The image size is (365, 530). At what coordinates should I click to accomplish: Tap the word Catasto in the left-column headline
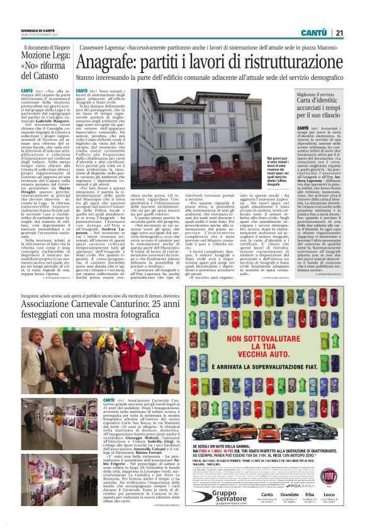pos(40,76)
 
